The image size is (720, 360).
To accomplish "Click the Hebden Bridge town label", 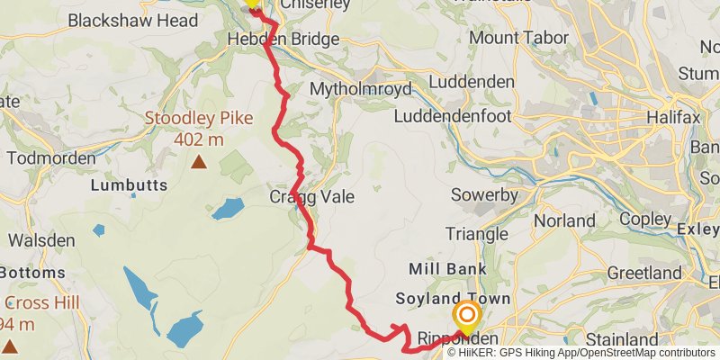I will (x=283, y=39).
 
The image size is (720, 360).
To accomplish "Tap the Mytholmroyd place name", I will (x=360, y=89).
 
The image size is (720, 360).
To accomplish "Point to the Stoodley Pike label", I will (x=199, y=119).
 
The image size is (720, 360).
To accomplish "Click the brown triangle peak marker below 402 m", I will (x=198, y=162).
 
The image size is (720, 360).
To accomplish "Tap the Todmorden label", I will (x=50, y=157).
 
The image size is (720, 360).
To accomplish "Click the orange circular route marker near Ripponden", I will (x=466, y=316).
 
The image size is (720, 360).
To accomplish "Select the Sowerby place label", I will (x=484, y=195).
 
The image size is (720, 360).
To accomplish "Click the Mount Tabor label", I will (x=518, y=38).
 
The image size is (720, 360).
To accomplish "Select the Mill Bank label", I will (x=447, y=268).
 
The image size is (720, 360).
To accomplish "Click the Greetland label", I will (x=644, y=272).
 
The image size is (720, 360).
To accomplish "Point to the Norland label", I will (x=564, y=220).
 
